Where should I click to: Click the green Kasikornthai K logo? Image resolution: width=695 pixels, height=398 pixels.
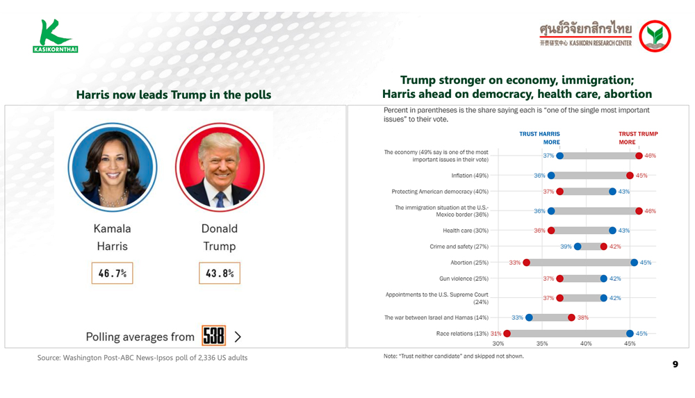[x=55, y=35]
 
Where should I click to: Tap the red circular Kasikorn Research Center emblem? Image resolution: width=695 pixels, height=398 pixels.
[x=655, y=36]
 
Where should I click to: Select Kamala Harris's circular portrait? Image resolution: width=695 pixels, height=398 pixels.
[x=113, y=167]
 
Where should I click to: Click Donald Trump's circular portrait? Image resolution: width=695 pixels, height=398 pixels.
[x=220, y=167]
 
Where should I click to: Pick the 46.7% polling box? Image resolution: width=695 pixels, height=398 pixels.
[x=112, y=273]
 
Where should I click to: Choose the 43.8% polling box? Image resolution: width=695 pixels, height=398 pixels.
[x=220, y=273]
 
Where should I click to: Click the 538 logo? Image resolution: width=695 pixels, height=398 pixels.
[x=213, y=335]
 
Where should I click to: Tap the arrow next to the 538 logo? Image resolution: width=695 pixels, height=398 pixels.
[x=238, y=337]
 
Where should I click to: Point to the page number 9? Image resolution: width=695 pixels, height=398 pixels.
[x=675, y=365]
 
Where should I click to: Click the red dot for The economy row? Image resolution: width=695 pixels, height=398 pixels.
[x=639, y=156]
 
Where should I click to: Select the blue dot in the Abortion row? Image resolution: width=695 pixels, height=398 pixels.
[x=635, y=263]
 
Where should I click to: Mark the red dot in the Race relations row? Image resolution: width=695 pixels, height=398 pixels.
[x=507, y=333]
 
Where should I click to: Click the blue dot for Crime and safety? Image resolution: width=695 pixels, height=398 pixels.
[x=578, y=247]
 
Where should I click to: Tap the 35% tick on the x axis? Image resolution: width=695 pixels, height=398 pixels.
[x=542, y=344]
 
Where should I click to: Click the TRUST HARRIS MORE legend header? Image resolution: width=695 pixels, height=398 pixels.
[x=539, y=138]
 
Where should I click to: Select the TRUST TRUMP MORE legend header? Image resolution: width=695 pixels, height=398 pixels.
[x=638, y=138]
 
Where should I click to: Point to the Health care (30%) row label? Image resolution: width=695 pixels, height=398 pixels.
[x=466, y=231]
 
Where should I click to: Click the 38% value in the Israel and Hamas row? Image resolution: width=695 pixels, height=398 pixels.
[x=583, y=317]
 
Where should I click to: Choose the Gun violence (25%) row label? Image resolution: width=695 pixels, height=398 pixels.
[x=464, y=279]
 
